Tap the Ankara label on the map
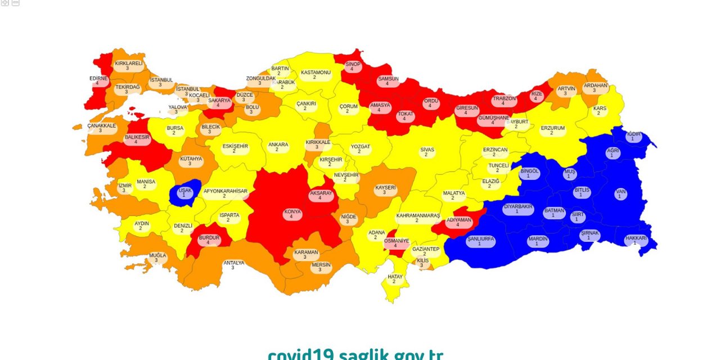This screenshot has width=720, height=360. pos(278,147)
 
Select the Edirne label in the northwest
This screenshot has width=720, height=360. pos(98,80)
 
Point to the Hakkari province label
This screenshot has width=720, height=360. pos(636,240)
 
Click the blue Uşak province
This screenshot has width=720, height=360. pos(184,193)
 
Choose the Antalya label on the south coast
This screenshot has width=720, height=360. pos(233,265)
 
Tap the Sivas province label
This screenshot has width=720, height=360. pos(427,152)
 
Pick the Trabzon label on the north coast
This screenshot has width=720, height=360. pos(504,101)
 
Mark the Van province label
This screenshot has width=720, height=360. pos(620,193)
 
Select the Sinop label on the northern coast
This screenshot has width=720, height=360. pos(353,66)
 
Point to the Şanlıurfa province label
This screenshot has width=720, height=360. pos(480,241)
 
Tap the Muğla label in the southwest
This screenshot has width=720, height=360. pos(157,258)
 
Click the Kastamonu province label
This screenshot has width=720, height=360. pos(315,74)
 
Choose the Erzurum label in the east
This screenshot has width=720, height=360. pos(552,130)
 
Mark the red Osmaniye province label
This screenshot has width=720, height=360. pos(396,242)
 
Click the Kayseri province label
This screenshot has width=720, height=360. pos(385,190)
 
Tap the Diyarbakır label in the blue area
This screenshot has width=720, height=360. pos(517,209)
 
